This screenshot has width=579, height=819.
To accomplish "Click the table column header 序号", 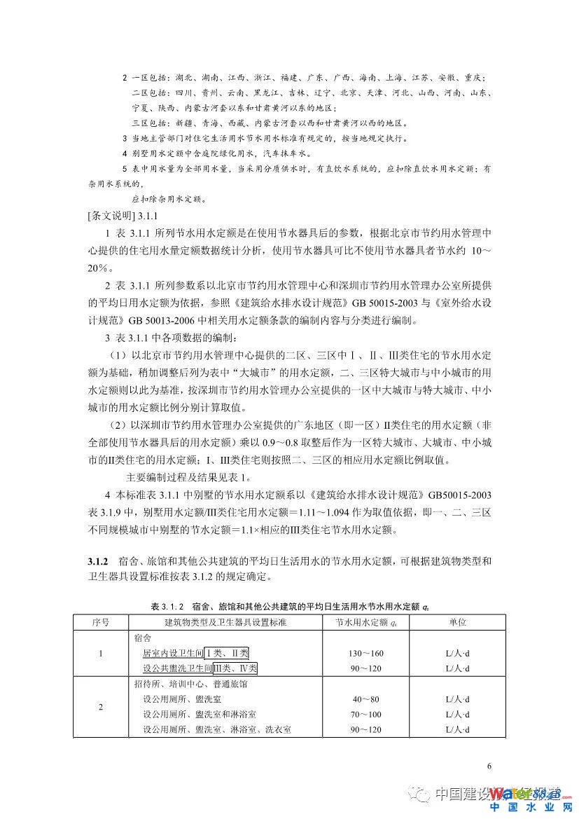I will pos(100,621).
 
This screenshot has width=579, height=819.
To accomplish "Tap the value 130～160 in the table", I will pos(364,653).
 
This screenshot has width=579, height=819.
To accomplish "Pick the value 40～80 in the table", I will pos(364,699).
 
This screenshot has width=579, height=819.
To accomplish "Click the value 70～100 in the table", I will pos(364,715).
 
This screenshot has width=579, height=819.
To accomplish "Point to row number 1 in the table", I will pos(100,653).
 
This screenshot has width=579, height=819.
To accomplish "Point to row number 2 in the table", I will pos(100,707).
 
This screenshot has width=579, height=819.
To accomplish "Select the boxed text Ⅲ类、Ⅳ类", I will pos(236,668).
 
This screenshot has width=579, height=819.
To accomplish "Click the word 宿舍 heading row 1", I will pos(141,638).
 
